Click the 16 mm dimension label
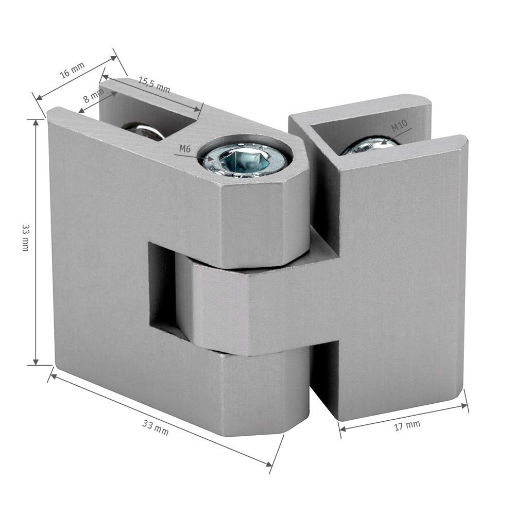(72, 70)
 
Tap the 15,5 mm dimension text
(153, 85)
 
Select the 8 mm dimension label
(93, 96)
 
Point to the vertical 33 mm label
(25, 237)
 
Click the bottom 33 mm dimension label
(156, 428)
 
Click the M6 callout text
(185, 149)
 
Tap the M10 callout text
(400, 125)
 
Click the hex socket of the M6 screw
(244, 161)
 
